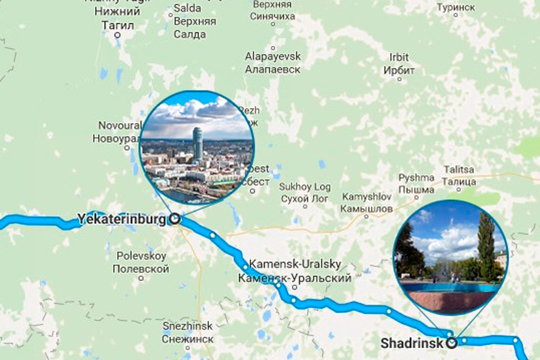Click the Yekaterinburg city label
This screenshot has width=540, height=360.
click(121, 220)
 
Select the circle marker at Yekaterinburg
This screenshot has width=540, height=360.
click(174, 219)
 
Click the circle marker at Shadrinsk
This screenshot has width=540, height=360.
click(452, 342)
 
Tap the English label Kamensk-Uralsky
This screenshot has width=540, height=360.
click(295, 264)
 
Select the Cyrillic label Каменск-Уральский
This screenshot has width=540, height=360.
click(295, 278)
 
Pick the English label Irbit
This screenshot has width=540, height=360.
click(399, 57)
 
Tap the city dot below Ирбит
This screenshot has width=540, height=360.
click(400, 79)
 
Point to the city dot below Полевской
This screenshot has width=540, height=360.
click(141, 279)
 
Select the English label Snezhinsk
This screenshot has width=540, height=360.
click(188, 326)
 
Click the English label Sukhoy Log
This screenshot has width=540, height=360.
click(305, 187)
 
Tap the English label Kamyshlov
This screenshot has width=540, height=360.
click(366, 196)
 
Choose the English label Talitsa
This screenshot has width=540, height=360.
click(459, 169)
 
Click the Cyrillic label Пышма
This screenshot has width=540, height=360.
click(416, 190)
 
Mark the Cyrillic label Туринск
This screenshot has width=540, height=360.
click(456, 7)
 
